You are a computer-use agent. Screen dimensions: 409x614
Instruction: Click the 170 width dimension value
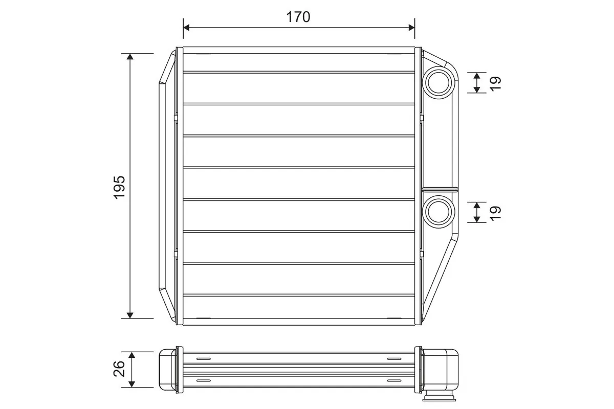click(x=298, y=17)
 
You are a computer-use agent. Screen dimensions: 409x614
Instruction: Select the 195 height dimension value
click(x=119, y=187)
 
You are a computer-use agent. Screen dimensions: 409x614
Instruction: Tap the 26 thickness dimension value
click(x=119, y=369)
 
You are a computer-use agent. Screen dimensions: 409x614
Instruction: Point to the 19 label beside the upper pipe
click(x=495, y=83)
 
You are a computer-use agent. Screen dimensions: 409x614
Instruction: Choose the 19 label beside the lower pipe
click(x=495, y=212)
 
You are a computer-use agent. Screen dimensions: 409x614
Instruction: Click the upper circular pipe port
click(x=438, y=83)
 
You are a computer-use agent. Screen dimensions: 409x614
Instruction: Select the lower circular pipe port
click(x=438, y=212)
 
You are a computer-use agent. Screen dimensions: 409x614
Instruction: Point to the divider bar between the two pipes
click(x=438, y=188)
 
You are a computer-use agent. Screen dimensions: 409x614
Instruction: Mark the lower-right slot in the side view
click(x=394, y=380)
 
